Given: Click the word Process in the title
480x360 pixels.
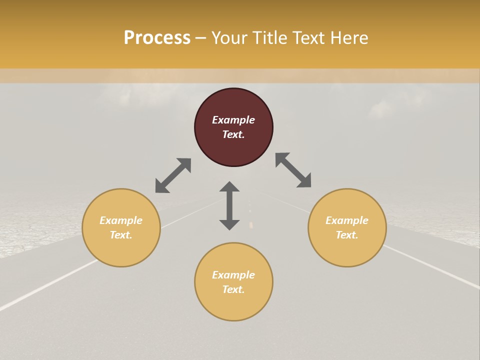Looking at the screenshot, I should click(157, 38).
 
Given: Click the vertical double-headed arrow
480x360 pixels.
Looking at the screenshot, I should click(229, 205).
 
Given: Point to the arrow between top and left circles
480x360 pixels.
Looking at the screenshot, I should click(173, 175).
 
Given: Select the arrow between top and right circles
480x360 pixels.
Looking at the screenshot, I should click(293, 170).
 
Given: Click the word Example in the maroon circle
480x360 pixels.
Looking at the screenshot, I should click(233, 120).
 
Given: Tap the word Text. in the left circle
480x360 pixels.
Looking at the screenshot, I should click(121, 235).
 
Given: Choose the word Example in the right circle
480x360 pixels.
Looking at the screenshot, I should click(347, 220).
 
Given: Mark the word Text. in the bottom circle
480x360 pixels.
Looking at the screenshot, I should click(233, 289).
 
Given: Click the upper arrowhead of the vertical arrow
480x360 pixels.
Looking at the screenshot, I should click(229, 187).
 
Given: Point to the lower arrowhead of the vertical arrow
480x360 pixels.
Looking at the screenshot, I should click(229, 224).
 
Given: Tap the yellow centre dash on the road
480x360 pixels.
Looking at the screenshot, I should click(251, 224).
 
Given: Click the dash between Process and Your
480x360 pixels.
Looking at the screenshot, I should click(200, 38).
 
